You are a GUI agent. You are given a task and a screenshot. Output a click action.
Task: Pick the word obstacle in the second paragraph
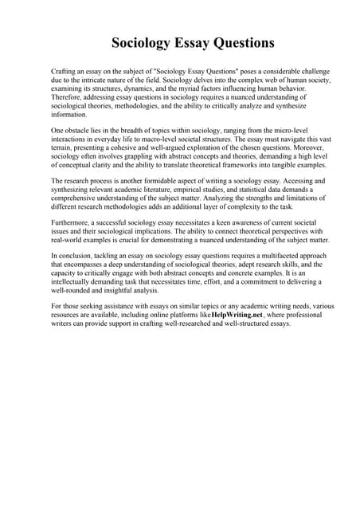point(82,130)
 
